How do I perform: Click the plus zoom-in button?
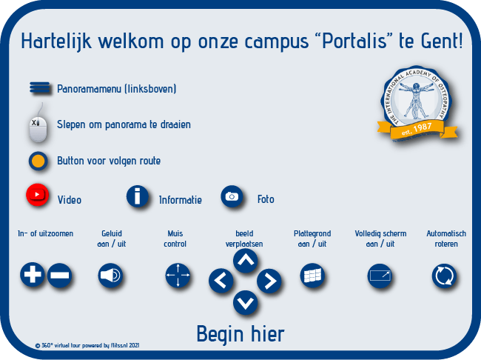[33, 274]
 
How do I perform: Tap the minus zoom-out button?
[59, 275]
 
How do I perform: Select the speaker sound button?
[110, 276]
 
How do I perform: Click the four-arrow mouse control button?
[178, 276]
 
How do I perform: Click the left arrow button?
[221, 280]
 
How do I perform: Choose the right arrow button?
[269, 281]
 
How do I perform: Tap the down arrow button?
[245, 302]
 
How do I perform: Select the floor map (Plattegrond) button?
[312, 276]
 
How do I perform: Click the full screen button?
[380, 276]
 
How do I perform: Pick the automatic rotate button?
[444, 276]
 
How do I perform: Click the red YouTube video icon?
[38, 194]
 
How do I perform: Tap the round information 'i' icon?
[138, 196]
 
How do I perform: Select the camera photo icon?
[232, 196]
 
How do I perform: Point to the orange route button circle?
[38, 161]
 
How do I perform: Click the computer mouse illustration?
[38, 125]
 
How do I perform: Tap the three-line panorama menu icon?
[39, 87]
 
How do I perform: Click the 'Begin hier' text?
[240, 335]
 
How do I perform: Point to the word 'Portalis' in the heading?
[354, 41]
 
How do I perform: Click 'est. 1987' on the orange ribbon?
[417, 129]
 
